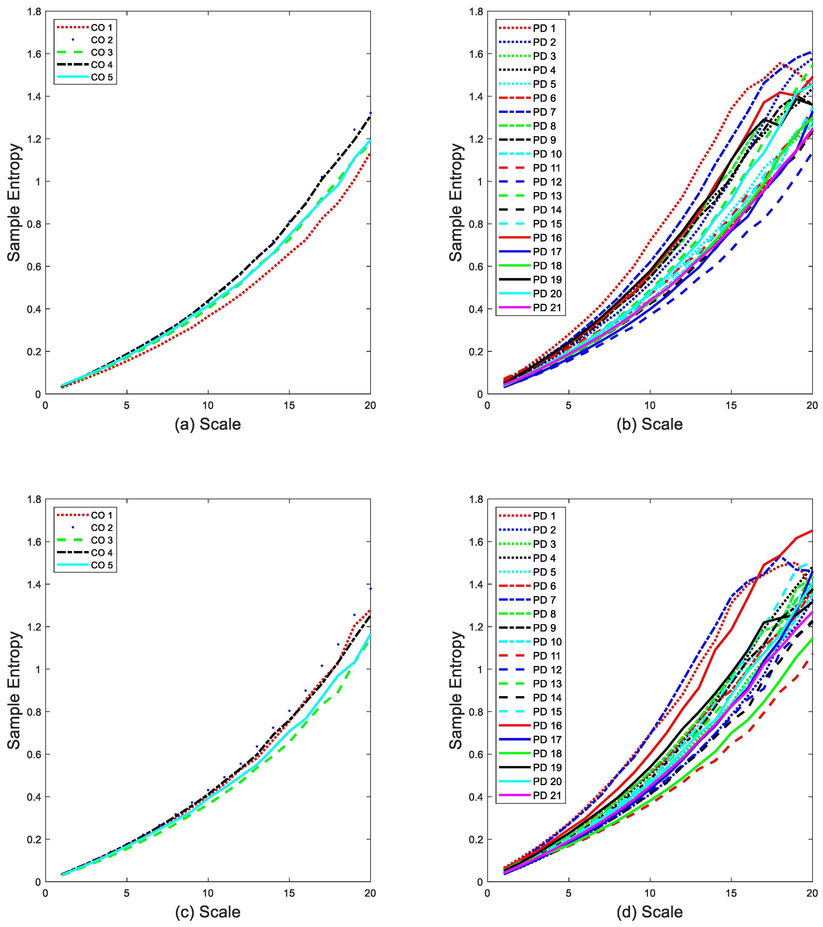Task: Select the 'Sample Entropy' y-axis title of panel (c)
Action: click(x=14, y=690)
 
